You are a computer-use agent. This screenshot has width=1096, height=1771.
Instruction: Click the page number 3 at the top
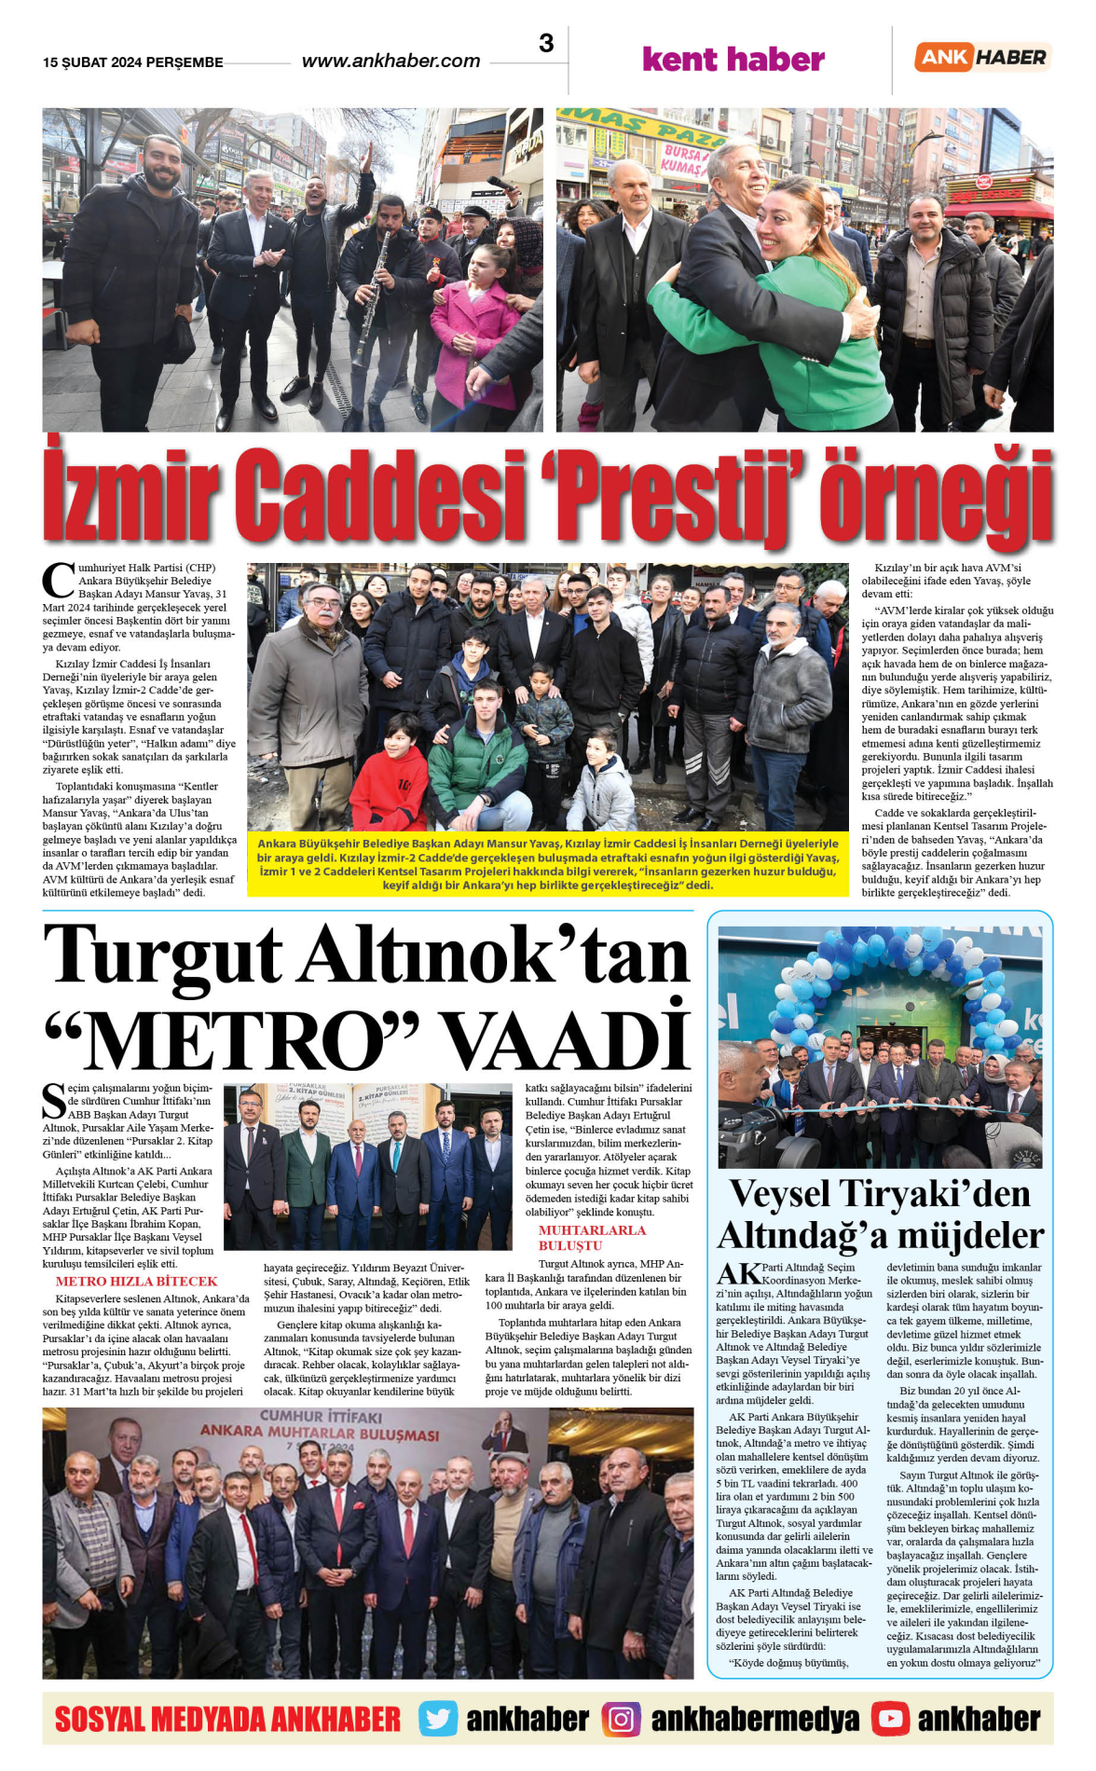[x=546, y=44]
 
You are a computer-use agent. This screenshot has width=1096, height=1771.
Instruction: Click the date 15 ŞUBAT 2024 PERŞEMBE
[x=132, y=62]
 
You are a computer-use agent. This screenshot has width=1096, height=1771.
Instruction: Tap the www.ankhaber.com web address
[x=390, y=62]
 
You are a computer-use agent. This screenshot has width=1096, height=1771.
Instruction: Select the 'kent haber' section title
[x=733, y=60]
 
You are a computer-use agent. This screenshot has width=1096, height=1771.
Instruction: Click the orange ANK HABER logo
[x=983, y=57]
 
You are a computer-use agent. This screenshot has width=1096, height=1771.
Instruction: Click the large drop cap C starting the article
[x=58, y=580]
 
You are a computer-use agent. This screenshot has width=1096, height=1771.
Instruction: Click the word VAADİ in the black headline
[x=565, y=1038]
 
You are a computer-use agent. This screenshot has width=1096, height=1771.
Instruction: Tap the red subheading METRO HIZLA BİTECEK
[x=136, y=1282]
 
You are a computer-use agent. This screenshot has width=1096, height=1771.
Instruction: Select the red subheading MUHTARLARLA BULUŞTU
[x=592, y=1238]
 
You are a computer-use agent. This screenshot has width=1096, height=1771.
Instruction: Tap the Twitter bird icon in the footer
[x=437, y=1719]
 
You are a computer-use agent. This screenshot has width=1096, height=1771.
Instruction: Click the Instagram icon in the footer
[x=621, y=1719]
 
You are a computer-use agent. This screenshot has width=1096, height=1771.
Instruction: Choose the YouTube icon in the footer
[x=890, y=1719]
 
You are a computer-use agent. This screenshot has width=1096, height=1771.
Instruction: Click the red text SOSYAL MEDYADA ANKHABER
[x=227, y=1719]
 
